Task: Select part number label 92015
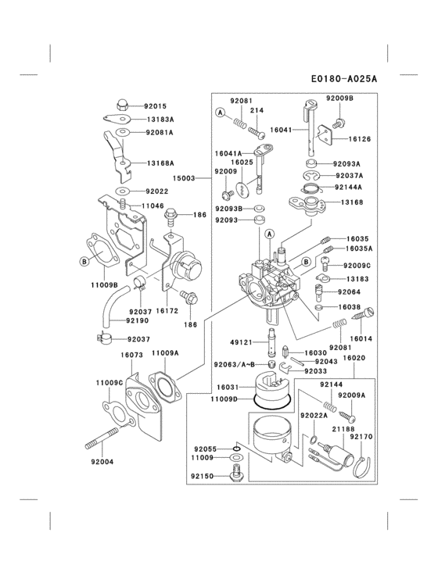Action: [x=155, y=105]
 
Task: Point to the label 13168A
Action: [x=160, y=163]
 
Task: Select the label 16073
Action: [x=131, y=354]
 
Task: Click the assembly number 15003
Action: [x=184, y=178]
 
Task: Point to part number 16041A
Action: [x=229, y=153]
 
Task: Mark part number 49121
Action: [x=242, y=341]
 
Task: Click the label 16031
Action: [x=228, y=387]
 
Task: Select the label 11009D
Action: [x=224, y=399]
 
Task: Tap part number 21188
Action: [x=343, y=429]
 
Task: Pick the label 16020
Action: [x=355, y=357]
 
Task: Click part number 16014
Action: [x=361, y=338]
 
